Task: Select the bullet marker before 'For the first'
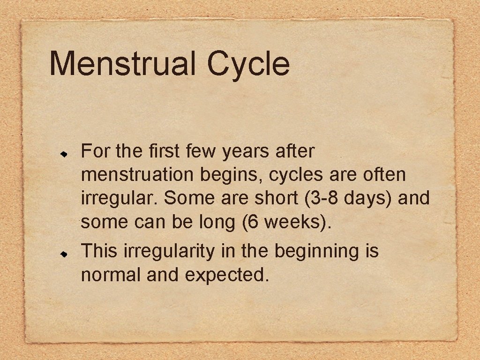(66, 153)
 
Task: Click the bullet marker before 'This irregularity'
(66, 252)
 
